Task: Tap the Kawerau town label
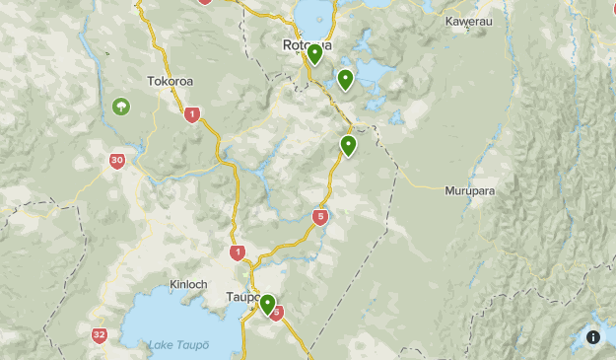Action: point(467,21)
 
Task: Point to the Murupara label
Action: point(468,189)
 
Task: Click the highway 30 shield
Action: point(117,160)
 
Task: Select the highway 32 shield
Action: point(100,335)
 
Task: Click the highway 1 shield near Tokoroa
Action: point(192,114)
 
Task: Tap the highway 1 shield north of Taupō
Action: point(238,253)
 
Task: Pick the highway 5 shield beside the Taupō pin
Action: point(277,314)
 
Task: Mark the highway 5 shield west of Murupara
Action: point(320,217)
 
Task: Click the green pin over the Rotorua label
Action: point(314,53)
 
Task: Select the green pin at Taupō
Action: point(267,304)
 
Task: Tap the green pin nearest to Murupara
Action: point(348,146)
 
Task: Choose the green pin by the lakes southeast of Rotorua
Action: point(345,79)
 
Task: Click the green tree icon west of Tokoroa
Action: point(120,106)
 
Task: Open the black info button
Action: point(593,336)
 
